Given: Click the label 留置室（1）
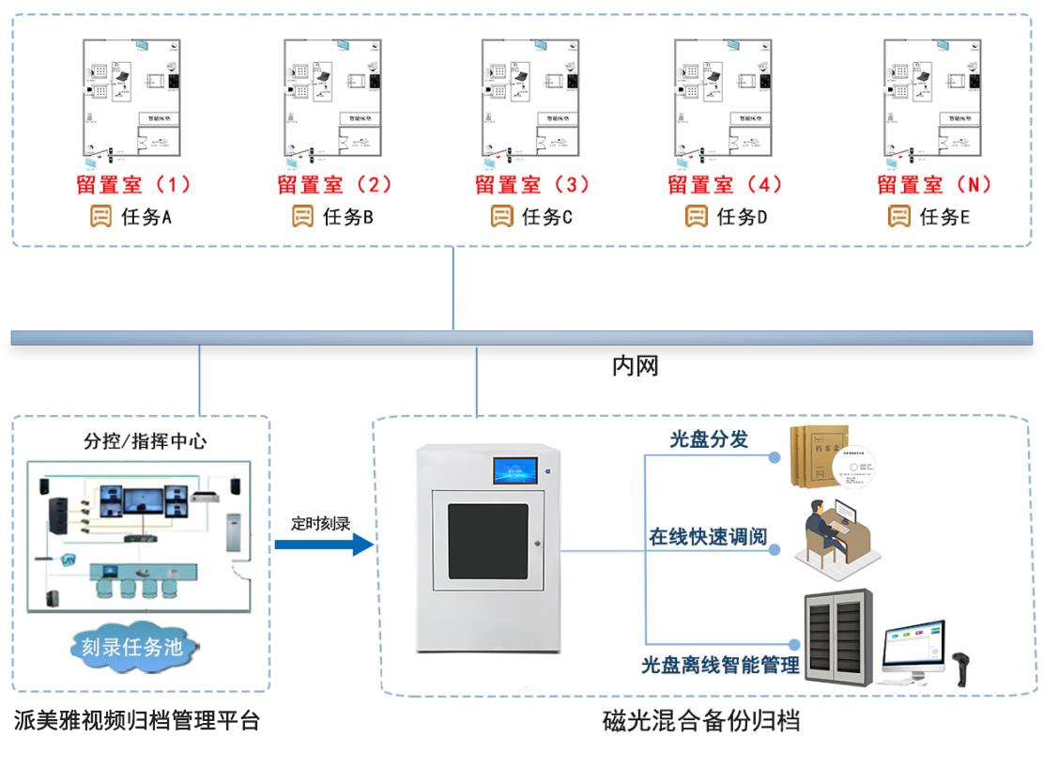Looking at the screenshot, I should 134,184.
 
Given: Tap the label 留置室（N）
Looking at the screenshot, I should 935,184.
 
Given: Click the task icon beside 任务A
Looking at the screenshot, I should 100,217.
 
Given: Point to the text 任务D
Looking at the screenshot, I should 742,218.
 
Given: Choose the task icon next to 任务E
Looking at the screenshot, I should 898,217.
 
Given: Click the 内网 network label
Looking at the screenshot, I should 636,366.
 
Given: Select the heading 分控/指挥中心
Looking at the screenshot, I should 146,440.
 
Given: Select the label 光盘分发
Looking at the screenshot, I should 708,438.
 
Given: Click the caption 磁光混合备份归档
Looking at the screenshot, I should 700,722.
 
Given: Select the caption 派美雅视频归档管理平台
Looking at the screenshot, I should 137,721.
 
